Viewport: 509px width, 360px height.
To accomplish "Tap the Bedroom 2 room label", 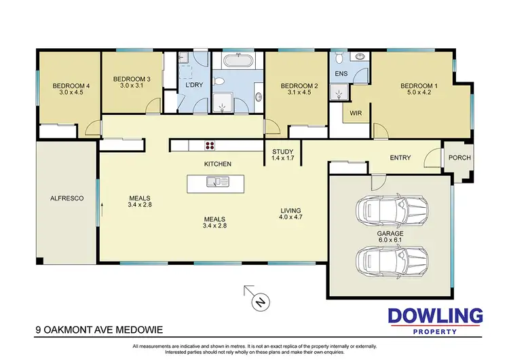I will click(295, 90).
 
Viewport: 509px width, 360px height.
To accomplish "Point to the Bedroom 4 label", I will click(67, 90).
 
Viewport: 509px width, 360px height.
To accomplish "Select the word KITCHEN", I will click(219, 164).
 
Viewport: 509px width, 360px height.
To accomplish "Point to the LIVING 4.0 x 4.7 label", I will click(290, 215).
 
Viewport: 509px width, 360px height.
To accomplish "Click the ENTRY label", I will click(400, 158).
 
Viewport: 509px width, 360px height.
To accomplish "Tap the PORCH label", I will click(459, 158).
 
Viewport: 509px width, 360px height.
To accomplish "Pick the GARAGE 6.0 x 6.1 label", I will click(391, 237).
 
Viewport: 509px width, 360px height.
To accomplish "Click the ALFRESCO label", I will click(67, 198).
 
